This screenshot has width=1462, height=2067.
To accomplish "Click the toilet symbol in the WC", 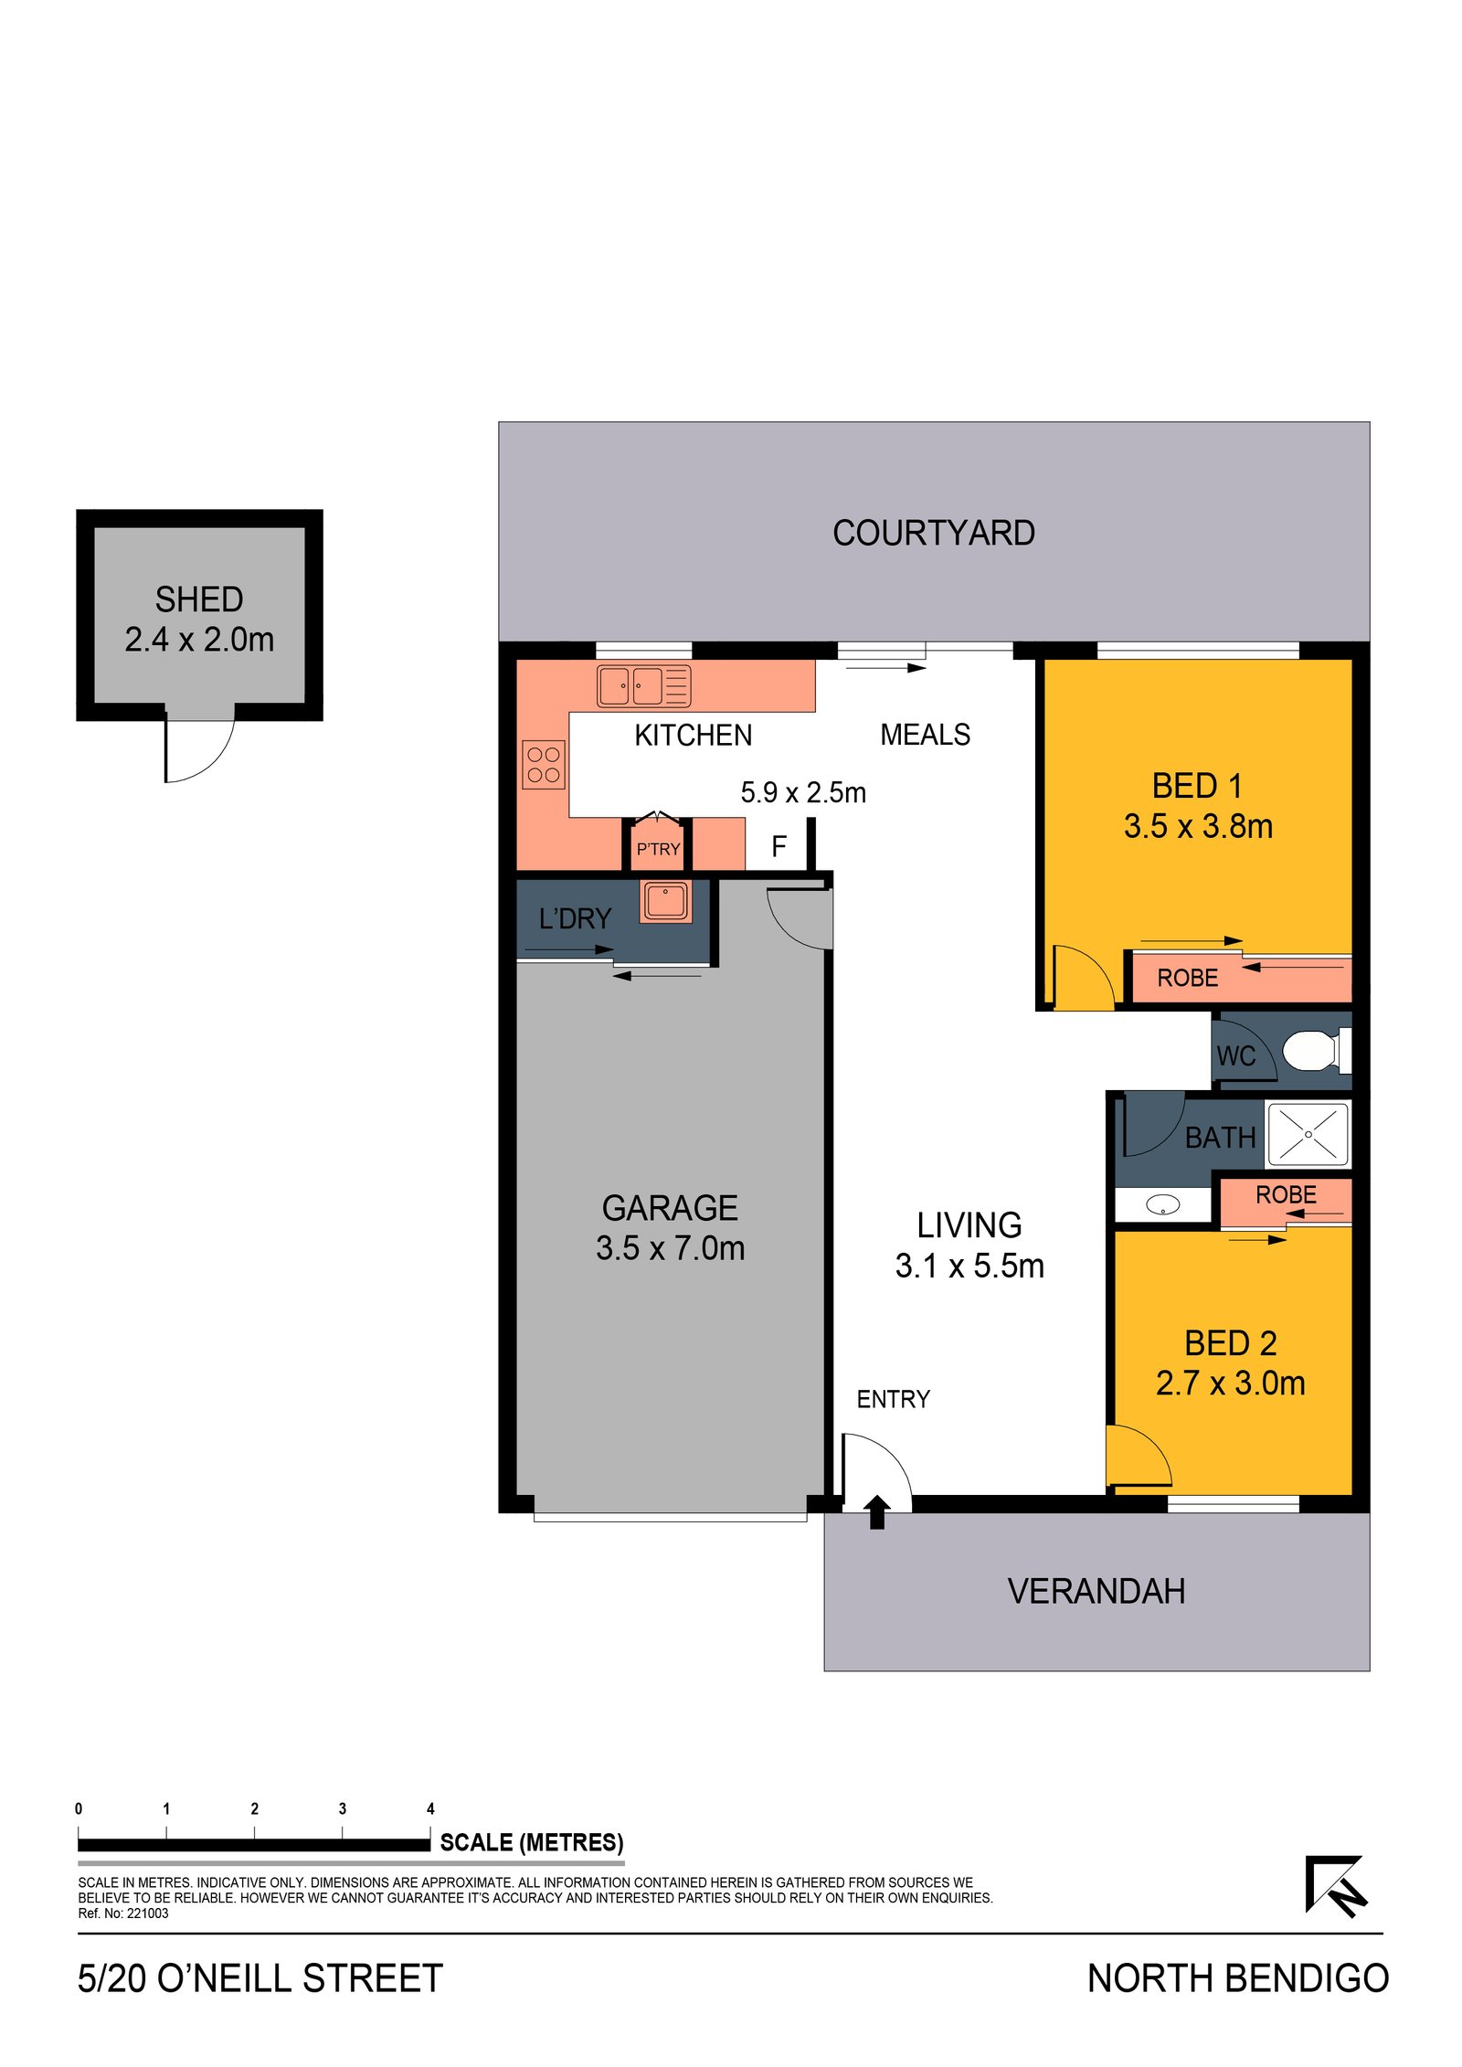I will tap(1315, 1050).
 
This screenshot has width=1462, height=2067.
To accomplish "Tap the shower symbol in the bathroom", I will tap(1307, 1134).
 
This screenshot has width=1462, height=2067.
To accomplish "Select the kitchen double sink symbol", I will tap(643, 686).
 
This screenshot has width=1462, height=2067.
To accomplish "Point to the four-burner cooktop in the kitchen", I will tap(544, 764).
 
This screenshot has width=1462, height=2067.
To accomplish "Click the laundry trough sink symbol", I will tap(664, 901).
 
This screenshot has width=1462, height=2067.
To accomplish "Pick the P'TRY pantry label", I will tap(658, 849).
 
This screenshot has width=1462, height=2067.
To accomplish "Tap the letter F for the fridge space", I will tap(779, 846).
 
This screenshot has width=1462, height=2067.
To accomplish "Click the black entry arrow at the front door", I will tap(876, 1511).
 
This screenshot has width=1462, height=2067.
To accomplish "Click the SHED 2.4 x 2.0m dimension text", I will tap(199, 640).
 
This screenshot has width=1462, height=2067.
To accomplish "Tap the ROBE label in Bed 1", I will tap(1187, 979).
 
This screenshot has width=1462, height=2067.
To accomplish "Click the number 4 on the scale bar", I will tap(430, 1808).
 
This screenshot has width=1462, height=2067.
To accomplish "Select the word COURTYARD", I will tap(933, 533).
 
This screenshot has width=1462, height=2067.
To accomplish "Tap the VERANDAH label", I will tap(1096, 1591).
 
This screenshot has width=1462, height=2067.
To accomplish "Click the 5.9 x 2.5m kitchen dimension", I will tap(802, 792).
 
